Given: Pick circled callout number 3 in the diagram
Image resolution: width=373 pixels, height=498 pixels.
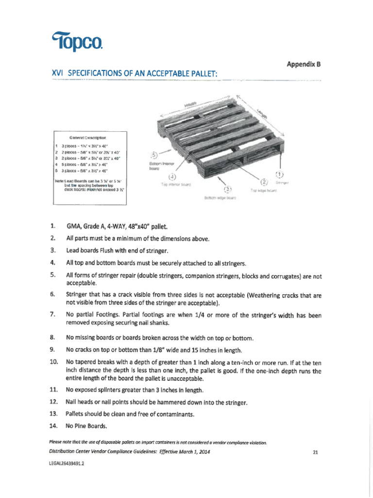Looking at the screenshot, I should click(226, 190).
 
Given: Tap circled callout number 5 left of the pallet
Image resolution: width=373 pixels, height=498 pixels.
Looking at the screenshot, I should click(154, 156).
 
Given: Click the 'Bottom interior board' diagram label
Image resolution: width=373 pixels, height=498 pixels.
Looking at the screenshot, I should click(160, 166).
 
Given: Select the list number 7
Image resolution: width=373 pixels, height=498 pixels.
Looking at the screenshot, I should click(52, 315).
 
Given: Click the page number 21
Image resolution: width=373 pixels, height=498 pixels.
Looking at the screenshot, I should click(315, 452).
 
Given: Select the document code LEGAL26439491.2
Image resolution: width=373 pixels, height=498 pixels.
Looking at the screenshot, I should click(67, 463).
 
